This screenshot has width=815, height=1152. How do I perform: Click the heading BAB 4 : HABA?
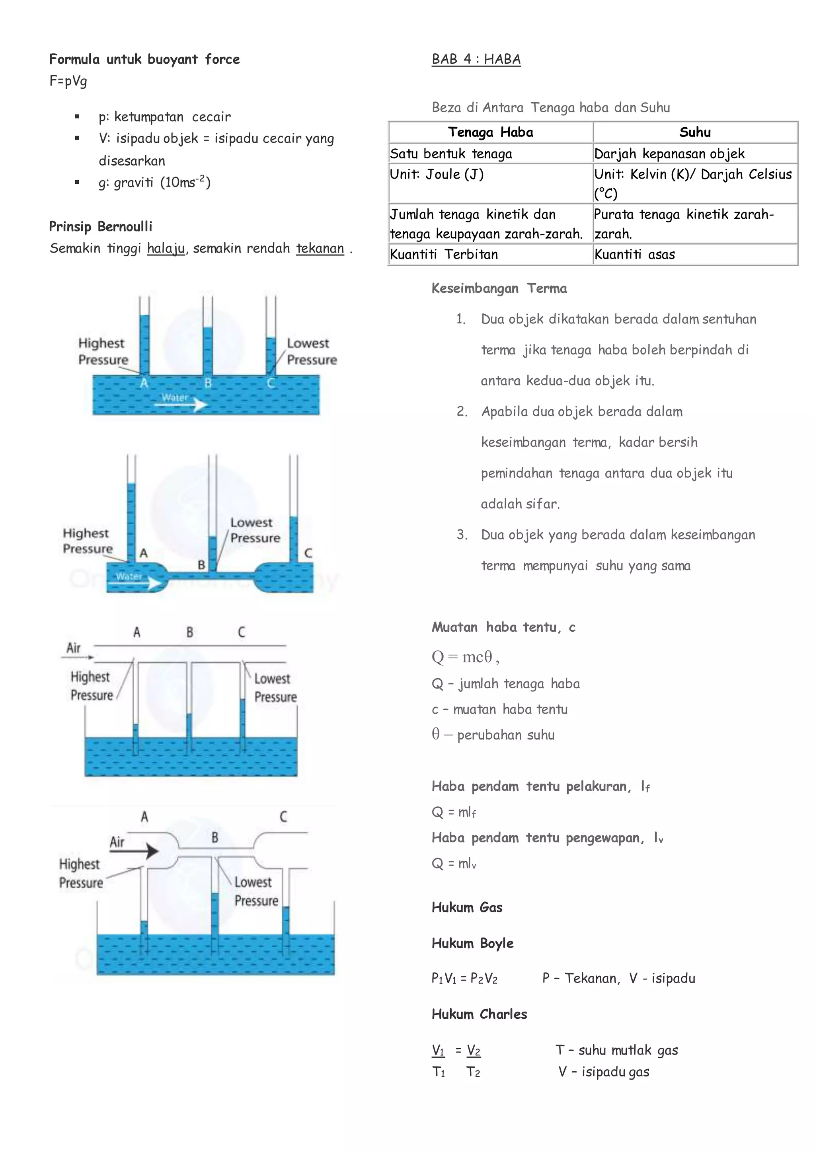(x=476, y=59)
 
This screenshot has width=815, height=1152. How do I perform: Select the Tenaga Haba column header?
(x=490, y=132)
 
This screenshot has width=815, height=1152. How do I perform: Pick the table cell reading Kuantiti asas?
(x=634, y=254)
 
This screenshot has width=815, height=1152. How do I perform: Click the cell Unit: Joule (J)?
(x=437, y=174)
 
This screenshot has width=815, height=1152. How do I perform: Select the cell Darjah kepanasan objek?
(x=669, y=154)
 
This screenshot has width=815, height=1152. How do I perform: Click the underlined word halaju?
(x=166, y=248)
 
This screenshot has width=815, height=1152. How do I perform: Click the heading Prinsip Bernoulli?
(x=100, y=226)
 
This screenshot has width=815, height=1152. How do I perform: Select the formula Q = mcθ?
(x=465, y=657)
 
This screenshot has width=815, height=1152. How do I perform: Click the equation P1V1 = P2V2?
(x=464, y=979)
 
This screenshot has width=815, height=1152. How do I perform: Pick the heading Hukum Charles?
(x=479, y=1014)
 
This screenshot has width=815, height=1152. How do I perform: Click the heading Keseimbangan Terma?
(x=499, y=288)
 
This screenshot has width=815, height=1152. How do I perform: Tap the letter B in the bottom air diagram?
(x=215, y=837)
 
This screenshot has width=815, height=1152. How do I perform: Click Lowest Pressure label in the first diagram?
(x=311, y=351)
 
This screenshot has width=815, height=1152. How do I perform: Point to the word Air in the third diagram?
(x=74, y=648)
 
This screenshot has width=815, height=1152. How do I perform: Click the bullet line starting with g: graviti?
(x=154, y=182)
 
